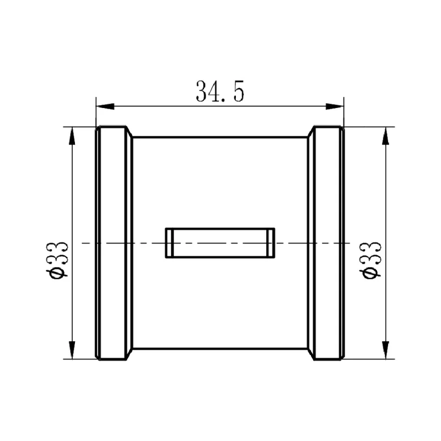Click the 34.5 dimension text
220,91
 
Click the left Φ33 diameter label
57,260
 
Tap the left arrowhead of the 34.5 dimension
105,106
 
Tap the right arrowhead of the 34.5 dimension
335,106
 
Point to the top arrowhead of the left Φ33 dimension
72,136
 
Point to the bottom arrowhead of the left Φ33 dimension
72,350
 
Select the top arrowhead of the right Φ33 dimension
386,136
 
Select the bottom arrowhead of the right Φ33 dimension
386,350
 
